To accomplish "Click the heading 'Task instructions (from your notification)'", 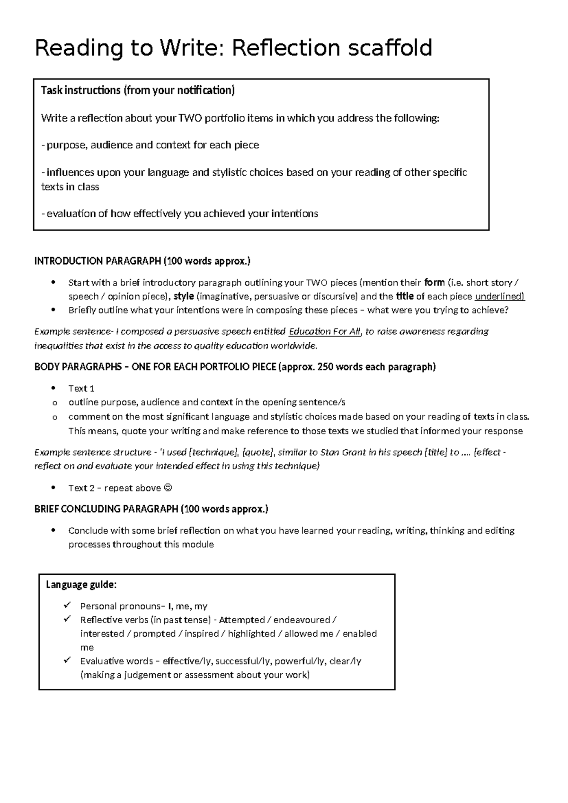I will click(x=138, y=90).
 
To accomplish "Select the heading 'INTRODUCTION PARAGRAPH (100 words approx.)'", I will click(x=142, y=261).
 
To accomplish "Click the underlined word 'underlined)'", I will click(x=499, y=297).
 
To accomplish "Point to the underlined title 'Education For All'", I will click(x=325, y=331).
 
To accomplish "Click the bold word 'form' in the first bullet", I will click(x=434, y=283).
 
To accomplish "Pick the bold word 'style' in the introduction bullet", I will click(x=184, y=297).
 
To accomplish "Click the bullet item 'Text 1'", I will click(x=81, y=389).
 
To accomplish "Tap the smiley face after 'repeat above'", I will click(x=168, y=488).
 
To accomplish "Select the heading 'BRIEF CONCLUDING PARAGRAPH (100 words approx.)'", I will click(x=151, y=509).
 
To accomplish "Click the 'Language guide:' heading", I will click(x=81, y=585).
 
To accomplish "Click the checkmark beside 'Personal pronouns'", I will click(x=67, y=605).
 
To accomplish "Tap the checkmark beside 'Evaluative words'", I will click(x=67, y=660).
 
